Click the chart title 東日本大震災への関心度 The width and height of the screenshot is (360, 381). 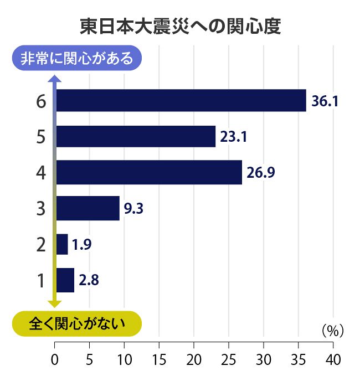(x=180, y=27)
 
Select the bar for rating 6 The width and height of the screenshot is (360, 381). (x=181, y=100)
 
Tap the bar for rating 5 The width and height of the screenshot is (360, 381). (x=136, y=136)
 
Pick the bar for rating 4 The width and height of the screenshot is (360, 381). (x=149, y=172)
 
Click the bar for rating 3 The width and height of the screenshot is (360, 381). (x=88, y=208)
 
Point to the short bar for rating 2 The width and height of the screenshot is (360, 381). (x=62, y=244)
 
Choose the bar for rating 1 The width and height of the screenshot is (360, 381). (x=65, y=280)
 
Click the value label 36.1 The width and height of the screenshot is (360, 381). (x=325, y=101)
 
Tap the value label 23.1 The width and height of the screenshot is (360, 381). (x=233, y=137)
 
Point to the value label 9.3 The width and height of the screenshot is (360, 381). (x=134, y=209)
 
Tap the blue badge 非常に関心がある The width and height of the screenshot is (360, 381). (x=77, y=58)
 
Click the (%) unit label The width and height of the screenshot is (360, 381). (x=333, y=331)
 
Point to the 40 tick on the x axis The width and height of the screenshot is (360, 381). (x=333, y=359)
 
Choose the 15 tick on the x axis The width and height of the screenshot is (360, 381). (x=160, y=359)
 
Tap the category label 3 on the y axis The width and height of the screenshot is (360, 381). (x=40, y=209)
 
